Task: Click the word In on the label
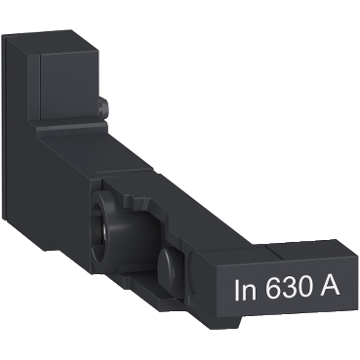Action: coord(249,290)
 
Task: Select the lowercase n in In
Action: coord(253,292)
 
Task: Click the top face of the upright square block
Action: coord(68,39)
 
